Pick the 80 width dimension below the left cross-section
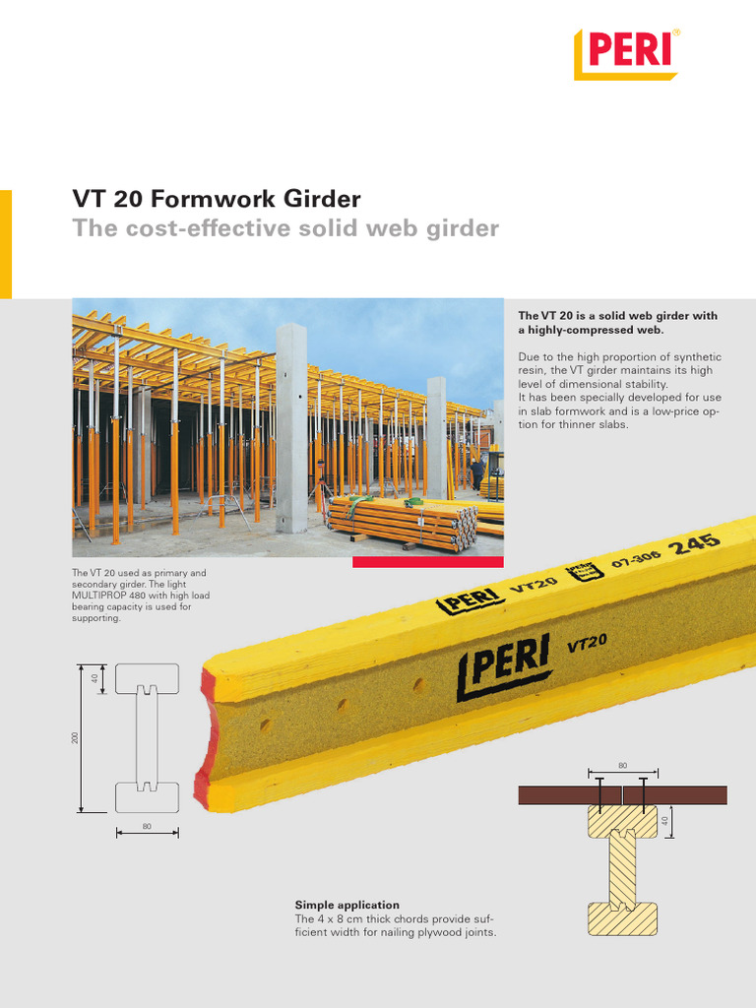[x=147, y=826]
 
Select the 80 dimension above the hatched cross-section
[x=622, y=764]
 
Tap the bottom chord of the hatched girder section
[x=622, y=917]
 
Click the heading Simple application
[x=346, y=905]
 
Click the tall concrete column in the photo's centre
[x=290, y=428]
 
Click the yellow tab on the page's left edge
[x=6, y=244]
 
